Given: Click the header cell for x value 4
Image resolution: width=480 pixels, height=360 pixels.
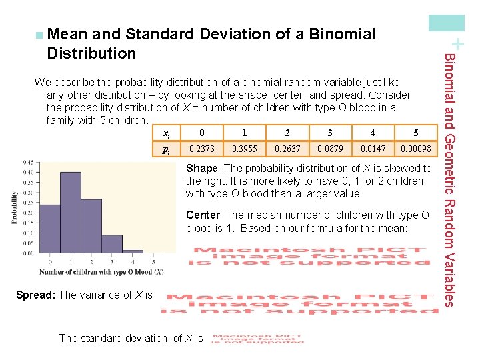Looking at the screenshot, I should click(x=373, y=133).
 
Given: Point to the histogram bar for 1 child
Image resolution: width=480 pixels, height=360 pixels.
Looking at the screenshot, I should click(x=71, y=213).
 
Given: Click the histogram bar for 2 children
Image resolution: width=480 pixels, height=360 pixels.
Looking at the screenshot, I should click(x=91, y=226).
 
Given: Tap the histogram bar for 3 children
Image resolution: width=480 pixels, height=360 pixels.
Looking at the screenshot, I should click(x=112, y=244).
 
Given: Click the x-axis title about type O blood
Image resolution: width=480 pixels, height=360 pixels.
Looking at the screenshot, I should click(x=101, y=272).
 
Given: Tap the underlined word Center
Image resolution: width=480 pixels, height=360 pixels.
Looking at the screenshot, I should click(x=204, y=215).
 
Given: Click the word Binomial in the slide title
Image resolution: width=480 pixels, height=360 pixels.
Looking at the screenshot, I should click(x=341, y=34).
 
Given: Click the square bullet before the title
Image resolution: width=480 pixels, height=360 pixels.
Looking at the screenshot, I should click(x=39, y=33).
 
